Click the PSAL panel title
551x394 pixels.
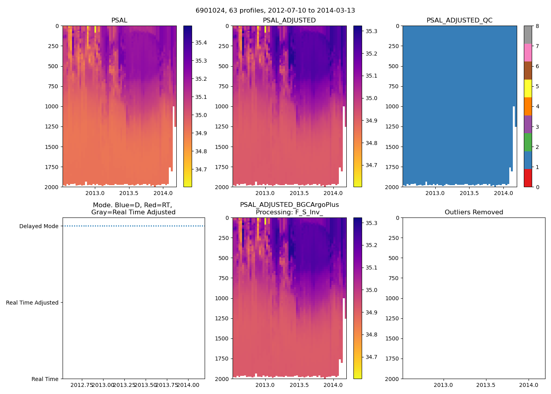[x=119, y=20]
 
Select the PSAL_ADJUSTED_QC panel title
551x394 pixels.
[x=459, y=20]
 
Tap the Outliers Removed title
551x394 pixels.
[x=474, y=212]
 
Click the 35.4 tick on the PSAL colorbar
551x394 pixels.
[x=201, y=43]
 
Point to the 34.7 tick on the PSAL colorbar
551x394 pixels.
[x=201, y=169]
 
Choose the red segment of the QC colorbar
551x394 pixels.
[x=528, y=178]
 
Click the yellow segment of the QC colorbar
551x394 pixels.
[x=528, y=88]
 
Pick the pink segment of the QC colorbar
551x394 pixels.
[x=528, y=52]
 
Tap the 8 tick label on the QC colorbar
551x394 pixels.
[x=538, y=26]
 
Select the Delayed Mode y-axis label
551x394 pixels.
[x=39, y=226]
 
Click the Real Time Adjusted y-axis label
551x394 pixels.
[x=32, y=303]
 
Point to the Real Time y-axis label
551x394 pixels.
[x=45, y=379]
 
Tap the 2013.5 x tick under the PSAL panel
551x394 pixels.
[x=129, y=193]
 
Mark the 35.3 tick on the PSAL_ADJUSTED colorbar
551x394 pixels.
[x=371, y=31]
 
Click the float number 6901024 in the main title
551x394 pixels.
[x=209, y=11]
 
